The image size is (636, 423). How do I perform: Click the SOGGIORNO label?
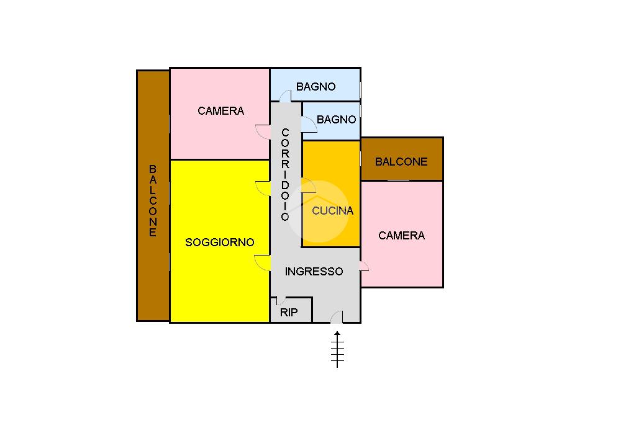click(220, 243)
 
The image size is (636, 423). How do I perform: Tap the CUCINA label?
click(332, 211)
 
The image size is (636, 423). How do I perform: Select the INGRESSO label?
click(314, 272)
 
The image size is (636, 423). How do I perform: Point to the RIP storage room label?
click(289, 313)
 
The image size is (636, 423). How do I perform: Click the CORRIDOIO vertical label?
click(285, 175)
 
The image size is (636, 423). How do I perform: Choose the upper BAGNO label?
click(316, 87)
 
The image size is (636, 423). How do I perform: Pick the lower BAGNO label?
click(337, 120)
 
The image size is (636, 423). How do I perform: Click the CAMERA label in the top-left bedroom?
click(220, 111)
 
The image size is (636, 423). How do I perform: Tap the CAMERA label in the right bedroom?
click(401, 236)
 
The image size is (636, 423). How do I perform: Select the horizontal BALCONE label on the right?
click(401, 162)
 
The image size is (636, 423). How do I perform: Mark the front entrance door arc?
click(337, 318)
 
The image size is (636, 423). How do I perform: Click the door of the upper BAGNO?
click(285, 96)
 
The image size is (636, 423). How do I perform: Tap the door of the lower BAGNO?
click(309, 125)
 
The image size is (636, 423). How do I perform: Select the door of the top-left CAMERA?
click(263, 132)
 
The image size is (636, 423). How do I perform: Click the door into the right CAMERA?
click(364, 266)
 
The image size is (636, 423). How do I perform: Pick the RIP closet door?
click(281, 300)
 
